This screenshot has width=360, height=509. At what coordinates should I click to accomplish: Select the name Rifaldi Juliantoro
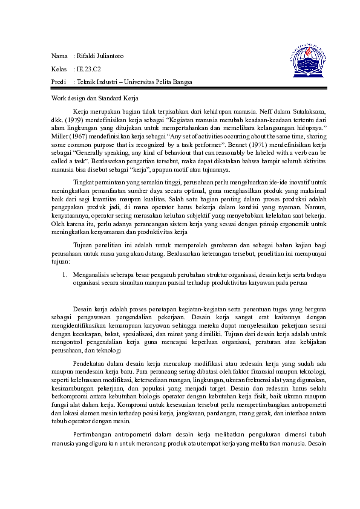tap(99, 56)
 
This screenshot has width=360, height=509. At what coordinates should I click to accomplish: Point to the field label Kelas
tap(59, 69)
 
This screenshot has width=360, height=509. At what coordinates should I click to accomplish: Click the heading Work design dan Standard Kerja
tap(96, 97)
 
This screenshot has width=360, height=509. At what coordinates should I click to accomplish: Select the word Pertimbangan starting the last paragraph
tap(93, 434)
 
